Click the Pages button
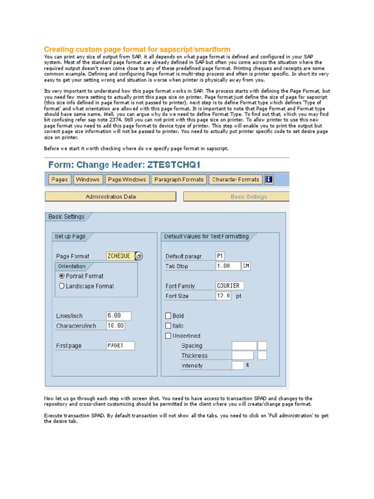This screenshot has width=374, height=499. [x=59, y=180]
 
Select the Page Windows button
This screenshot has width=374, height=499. [x=127, y=180]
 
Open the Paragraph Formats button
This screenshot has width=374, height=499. [x=179, y=180]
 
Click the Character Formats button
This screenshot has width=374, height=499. [x=236, y=180]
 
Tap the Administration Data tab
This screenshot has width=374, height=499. [x=111, y=197]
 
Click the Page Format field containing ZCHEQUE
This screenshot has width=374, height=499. [x=119, y=256]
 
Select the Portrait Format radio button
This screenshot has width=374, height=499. [x=62, y=276]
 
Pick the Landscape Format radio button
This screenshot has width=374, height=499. [x=62, y=286]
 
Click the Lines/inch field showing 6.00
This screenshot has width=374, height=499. [x=118, y=316]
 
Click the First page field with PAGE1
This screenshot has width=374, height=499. [x=120, y=345]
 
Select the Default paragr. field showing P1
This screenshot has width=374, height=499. [x=221, y=256]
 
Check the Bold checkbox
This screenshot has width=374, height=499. [x=168, y=316]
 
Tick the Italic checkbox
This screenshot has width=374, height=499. [x=168, y=326]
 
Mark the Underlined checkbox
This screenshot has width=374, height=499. [x=168, y=336]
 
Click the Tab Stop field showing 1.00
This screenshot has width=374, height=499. [x=228, y=266]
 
